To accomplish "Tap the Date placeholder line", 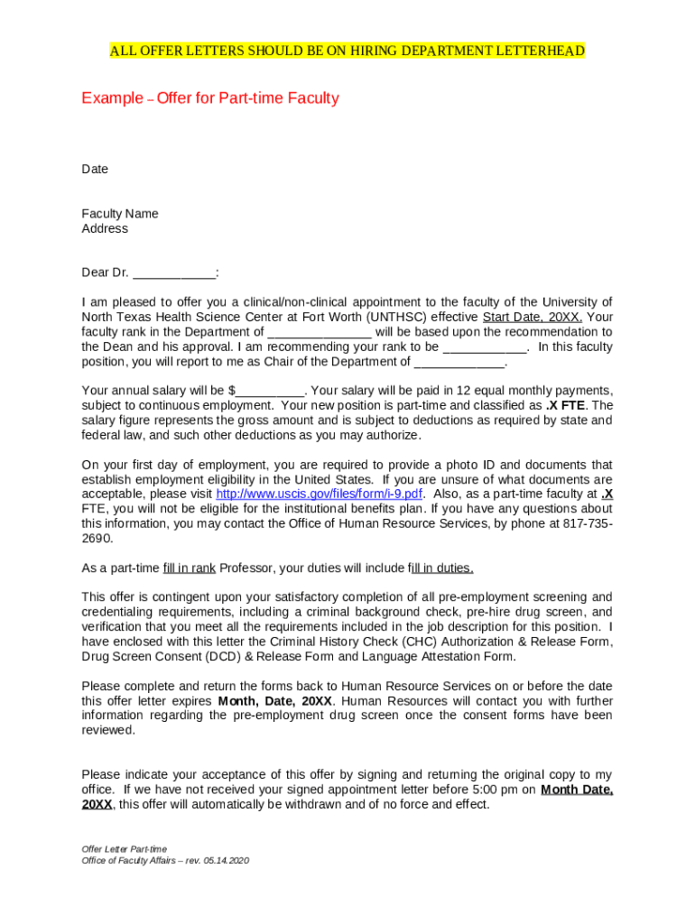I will pyautogui.click(x=95, y=170).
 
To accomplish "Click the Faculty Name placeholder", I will pyautogui.click(x=119, y=214).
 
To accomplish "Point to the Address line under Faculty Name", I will pyautogui.click(x=105, y=229).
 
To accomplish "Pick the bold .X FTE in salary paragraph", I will pyautogui.click(x=565, y=406).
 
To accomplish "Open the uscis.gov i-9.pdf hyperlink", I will pyautogui.click(x=320, y=494).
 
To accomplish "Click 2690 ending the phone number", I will pyautogui.click(x=97, y=539).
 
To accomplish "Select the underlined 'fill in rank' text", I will pyautogui.click(x=189, y=568).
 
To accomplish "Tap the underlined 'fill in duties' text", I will pyautogui.click(x=441, y=568).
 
